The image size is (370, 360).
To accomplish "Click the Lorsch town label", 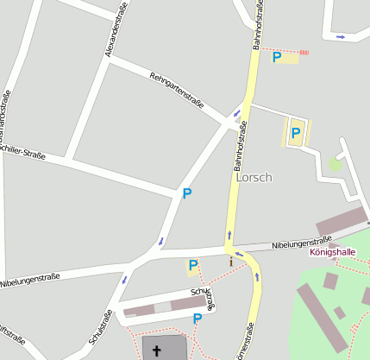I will (x=254, y=177).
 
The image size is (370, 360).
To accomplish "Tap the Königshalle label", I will (x=332, y=252).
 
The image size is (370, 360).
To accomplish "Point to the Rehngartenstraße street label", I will (x=176, y=91).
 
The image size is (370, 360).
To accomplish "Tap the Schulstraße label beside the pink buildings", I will (x=204, y=299).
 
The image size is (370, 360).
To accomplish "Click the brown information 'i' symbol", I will (x=231, y=262).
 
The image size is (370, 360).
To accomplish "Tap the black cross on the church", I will (x=157, y=351).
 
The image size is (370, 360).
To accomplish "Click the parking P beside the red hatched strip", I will (x=277, y=58).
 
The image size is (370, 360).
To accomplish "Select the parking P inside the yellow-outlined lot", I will (x=296, y=133).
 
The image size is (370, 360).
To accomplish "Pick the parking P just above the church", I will (x=198, y=319).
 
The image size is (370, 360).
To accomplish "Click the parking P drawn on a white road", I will (x=186, y=194).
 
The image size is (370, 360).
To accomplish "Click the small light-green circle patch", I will (x=335, y=163).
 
